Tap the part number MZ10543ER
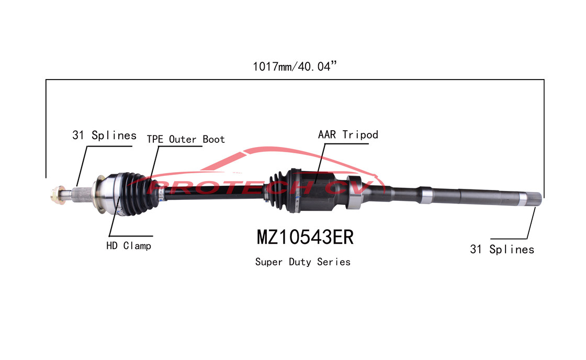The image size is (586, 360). tap(305, 237)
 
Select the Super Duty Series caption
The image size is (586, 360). tap(302, 262)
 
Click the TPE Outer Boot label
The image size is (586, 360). tap(186, 139)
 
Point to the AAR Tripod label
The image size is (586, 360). tap(348, 134)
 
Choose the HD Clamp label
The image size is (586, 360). tap(129, 245)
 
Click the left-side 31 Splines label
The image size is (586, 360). tap(104, 136)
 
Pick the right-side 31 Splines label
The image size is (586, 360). tap(502, 250)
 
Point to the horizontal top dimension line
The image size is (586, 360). tap(293, 80)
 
